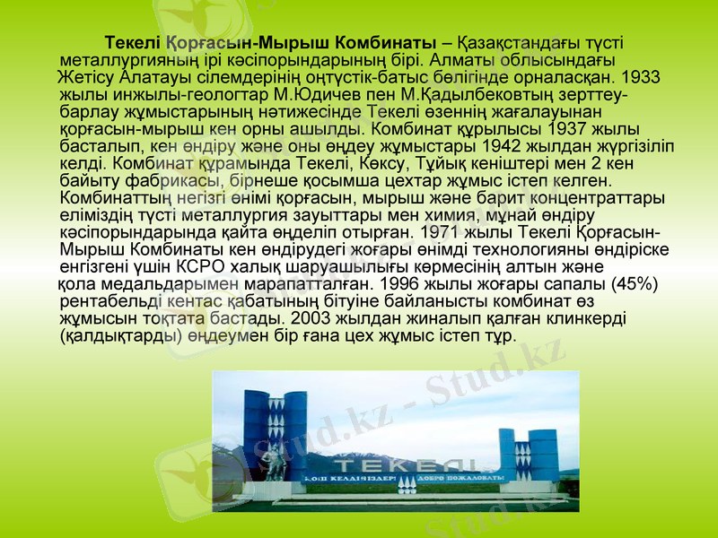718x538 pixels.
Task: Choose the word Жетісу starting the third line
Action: click(85, 77)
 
